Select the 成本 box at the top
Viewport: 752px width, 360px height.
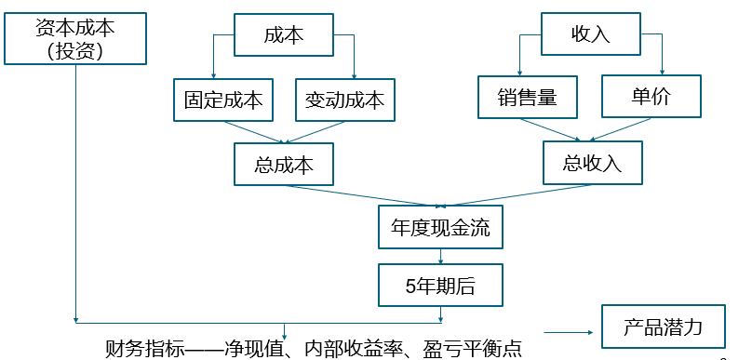tap(284, 36)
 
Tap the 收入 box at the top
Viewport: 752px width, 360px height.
tap(590, 35)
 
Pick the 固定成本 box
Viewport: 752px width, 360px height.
tap(223, 100)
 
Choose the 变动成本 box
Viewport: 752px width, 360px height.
tap(344, 100)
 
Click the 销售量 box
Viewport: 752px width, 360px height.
tap(527, 97)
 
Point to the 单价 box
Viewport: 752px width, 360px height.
tap(650, 97)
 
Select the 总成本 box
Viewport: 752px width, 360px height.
tap(284, 165)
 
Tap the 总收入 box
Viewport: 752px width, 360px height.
tap(592, 163)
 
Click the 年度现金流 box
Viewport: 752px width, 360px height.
tap(440, 228)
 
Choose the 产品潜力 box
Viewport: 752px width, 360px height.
tap(663, 327)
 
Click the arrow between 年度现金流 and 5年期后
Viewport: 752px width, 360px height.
tap(440, 256)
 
